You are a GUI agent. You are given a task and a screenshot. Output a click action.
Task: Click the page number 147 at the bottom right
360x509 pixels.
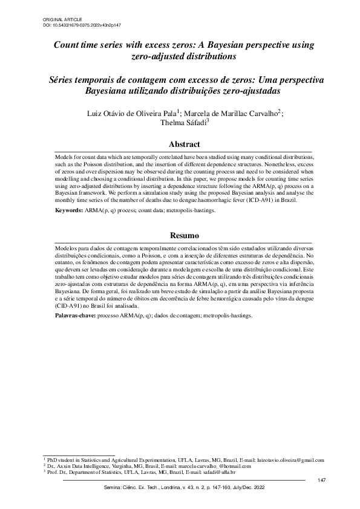[322, 480]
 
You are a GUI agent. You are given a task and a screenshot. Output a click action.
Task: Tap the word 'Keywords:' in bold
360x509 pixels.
[64, 210]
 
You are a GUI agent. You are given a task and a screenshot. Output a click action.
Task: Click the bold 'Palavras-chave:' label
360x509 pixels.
[70, 316]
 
